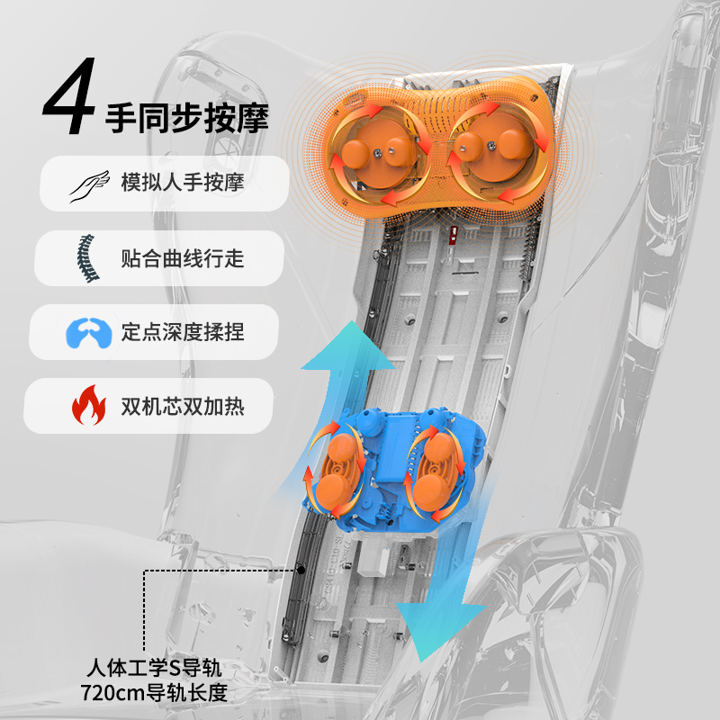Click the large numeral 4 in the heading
(x=70, y=95)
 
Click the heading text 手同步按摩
(x=187, y=119)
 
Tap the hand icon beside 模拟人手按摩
(x=89, y=185)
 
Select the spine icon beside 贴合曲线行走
(x=87, y=258)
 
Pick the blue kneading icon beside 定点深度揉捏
(x=88, y=333)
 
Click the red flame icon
(x=88, y=405)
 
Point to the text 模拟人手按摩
(x=183, y=183)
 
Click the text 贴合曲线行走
(x=183, y=258)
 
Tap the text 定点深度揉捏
(x=183, y=332)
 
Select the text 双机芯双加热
(x=183, y=407)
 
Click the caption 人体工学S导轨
(x=154, y=668)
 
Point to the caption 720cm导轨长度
(x=154, y=692)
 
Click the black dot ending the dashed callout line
(x=301, y=570)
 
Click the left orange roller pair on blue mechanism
(x=337, y=473)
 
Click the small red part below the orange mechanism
(x=454, y=234)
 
